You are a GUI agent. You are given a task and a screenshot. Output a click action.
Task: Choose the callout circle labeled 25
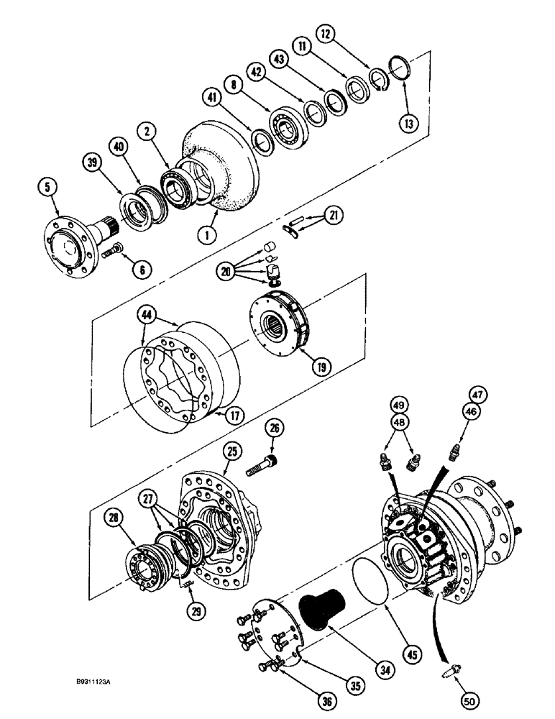pos(231,452)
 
